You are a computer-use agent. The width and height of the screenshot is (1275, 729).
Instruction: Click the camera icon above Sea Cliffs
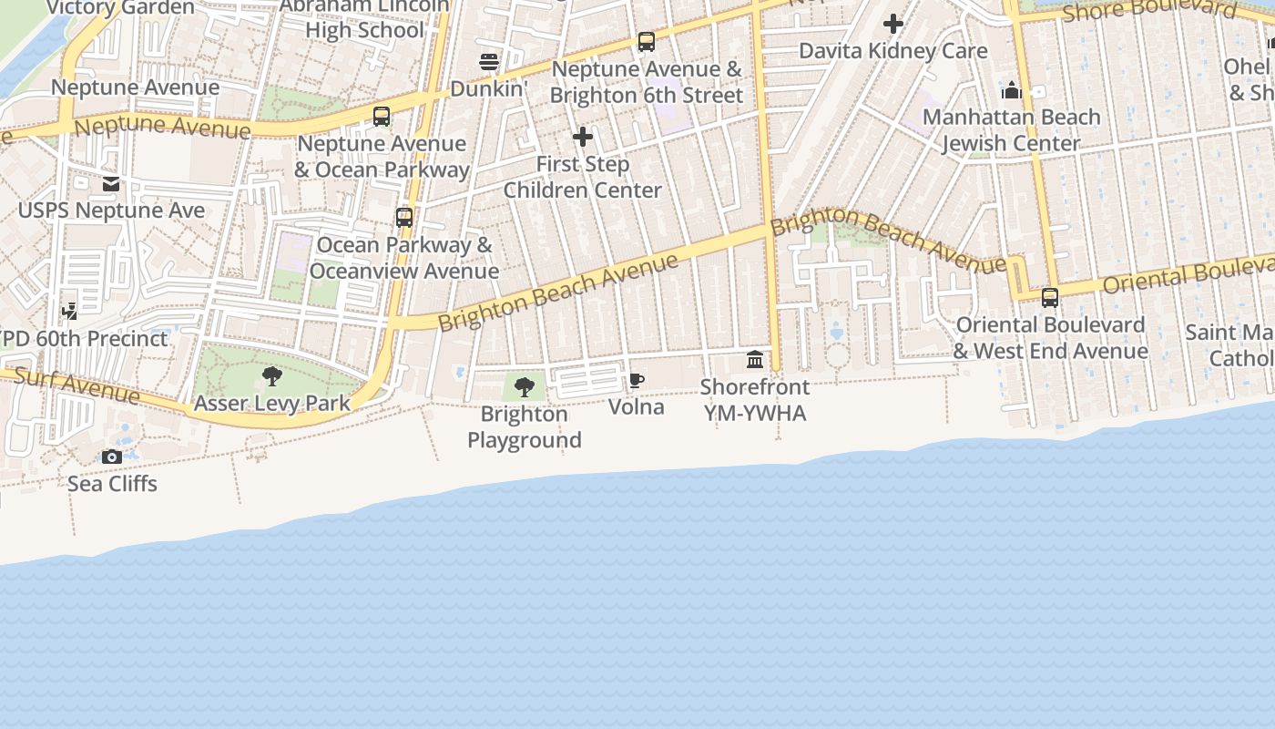coord(112,457)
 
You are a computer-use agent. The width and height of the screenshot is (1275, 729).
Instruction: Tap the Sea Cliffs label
coord(112,484)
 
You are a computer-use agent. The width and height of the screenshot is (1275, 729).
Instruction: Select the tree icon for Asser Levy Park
coord(271,375)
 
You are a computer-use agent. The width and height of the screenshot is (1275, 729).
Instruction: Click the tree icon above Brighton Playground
coord(525,387)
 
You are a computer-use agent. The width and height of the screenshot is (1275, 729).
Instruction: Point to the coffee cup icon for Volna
coord(637,380)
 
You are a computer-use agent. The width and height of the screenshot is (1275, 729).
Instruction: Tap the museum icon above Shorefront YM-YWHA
coord(755,359)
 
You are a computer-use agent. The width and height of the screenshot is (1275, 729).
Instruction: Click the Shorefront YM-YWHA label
coord(754,400)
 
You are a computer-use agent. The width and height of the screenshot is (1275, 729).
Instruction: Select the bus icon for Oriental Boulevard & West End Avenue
coord(1050,297)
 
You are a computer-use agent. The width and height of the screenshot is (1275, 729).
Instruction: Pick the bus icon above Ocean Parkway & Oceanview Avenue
coord(404,218)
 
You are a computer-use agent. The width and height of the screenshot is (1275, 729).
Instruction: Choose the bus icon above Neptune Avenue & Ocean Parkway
coord(382,117)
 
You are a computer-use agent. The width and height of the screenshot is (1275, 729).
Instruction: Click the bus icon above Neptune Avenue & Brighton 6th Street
coord(647,41)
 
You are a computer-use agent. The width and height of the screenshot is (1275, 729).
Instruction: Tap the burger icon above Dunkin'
coord(489,62)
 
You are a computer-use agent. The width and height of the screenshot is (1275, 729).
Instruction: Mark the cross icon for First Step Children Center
coord(583,138)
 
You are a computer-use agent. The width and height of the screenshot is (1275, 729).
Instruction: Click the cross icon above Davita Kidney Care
coord(893,24)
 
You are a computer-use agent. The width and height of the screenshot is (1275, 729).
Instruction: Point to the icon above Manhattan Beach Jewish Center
coord(1012,90)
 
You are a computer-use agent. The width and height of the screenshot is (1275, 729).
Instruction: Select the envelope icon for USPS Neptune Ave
coord(111,184)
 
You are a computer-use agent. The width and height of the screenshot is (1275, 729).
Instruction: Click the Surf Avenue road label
coord(77,386)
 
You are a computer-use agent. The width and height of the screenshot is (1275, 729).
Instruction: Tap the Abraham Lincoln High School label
coord(364,18)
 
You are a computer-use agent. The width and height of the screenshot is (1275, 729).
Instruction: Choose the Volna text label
coord(637,406)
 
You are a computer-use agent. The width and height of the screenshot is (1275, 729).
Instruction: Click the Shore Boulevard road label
coord(1149,11)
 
